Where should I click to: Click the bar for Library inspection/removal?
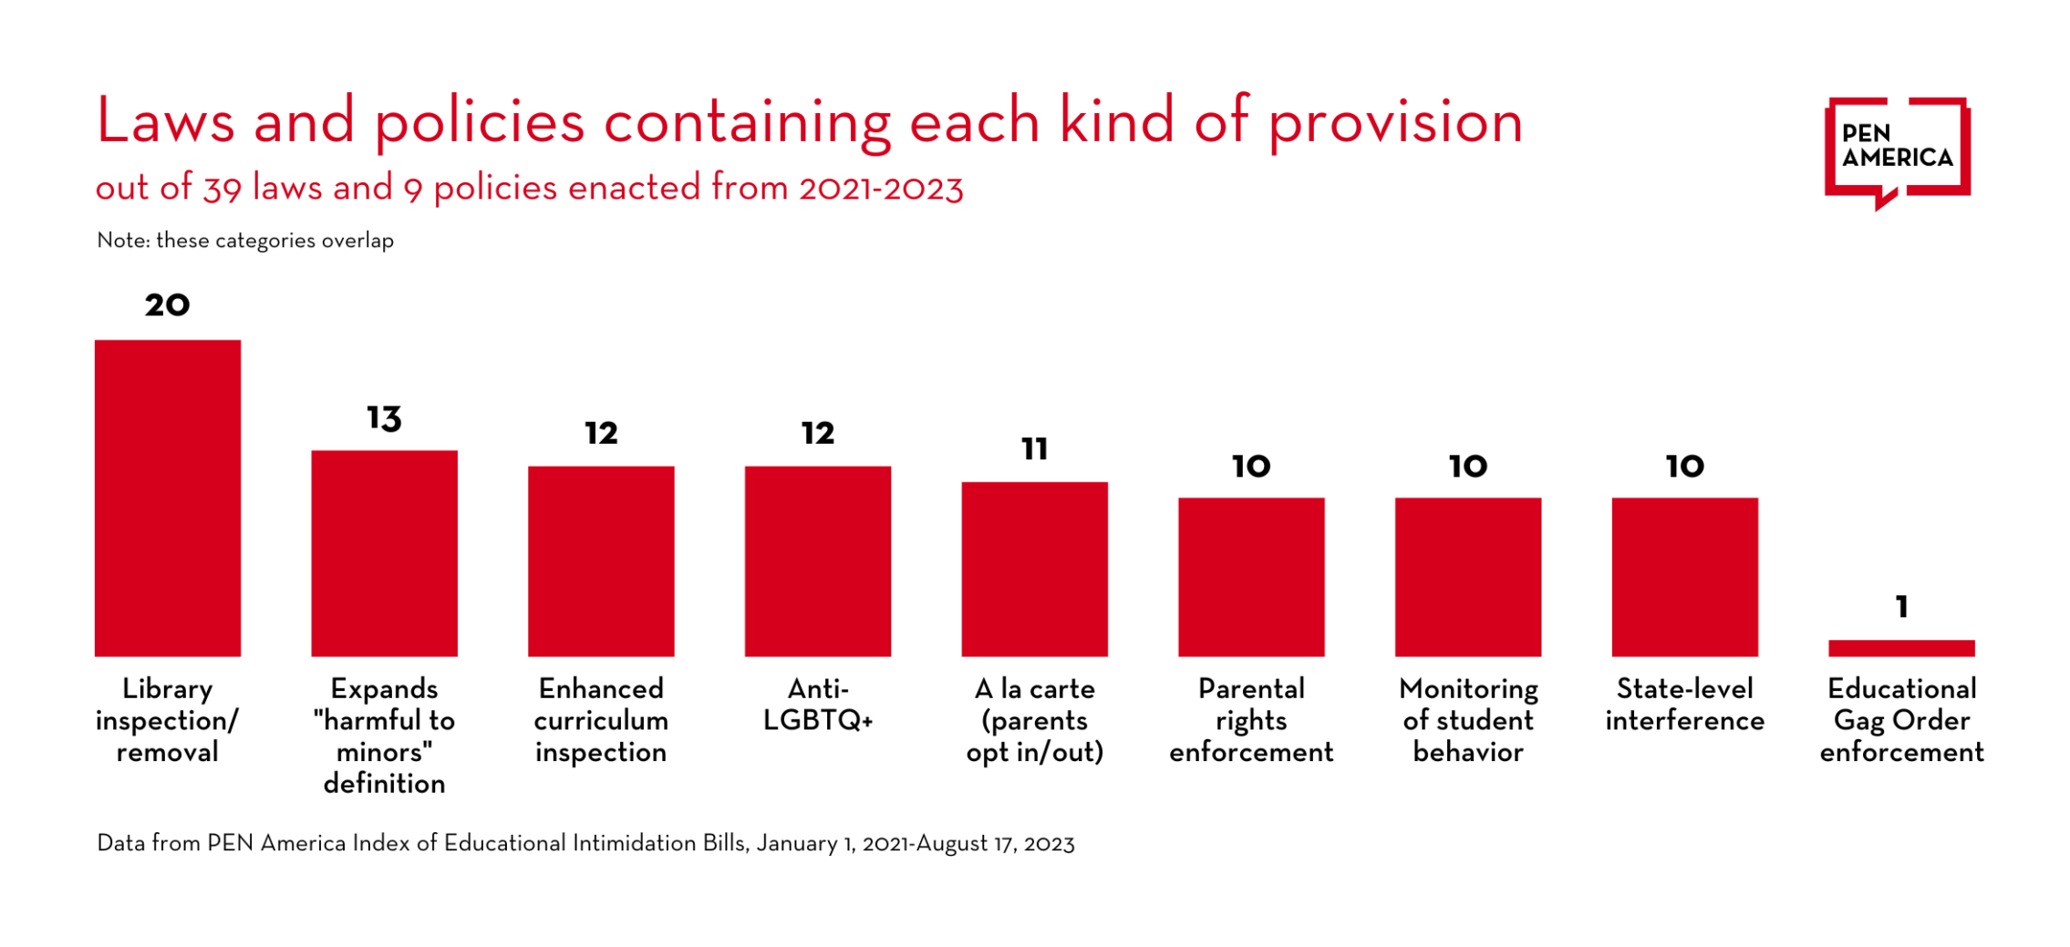click(x=168, y=498)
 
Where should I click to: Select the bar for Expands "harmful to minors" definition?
click(x=384, y=553)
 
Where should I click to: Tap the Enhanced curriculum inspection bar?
click(x=601, y=561)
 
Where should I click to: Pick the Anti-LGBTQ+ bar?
click(x=818, y=561)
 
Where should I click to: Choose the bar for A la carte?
click(x=1034, y=569)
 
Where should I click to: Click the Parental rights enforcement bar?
click(x=1251, y=576)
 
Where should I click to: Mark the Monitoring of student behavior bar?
click(x=1468, y=576)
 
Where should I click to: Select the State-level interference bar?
click(x=1684, y=576)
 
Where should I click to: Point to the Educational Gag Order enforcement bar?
click(x=1901, y=648)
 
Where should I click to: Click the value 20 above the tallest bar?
click(x=168, y=305)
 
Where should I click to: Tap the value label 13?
click(x=384, y=418)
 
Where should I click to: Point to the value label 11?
click(x=1034, y=448)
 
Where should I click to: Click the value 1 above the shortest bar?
click(x=1901, y=607)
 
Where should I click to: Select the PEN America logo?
click(x=1897, y=150)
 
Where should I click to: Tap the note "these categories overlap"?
click(x=274, y=241)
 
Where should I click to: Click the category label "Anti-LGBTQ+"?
click(x=818, y=705)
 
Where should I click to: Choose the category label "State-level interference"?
click(x=1684, y=705)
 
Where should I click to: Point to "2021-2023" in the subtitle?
click(x=881, y=189)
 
